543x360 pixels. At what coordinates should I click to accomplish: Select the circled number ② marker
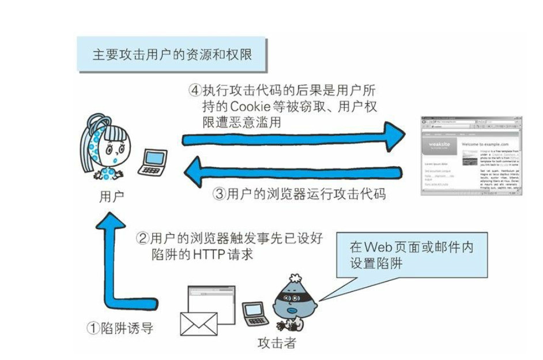tap(142, 238)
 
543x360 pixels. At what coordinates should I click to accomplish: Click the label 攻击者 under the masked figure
tap(276, 343)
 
